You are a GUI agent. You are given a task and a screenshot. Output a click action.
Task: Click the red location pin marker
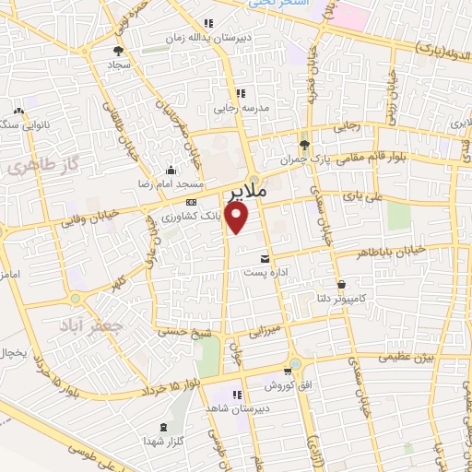[x=238, y=218]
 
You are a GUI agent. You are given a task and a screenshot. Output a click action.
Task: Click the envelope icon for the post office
[x=265, y=259]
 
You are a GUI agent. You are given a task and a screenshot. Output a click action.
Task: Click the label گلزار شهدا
[x=167, y=442]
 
